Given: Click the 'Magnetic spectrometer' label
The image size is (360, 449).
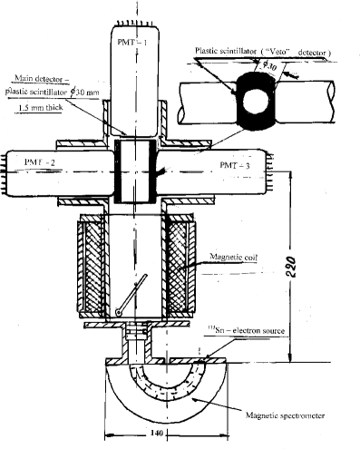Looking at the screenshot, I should click(287, 415).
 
